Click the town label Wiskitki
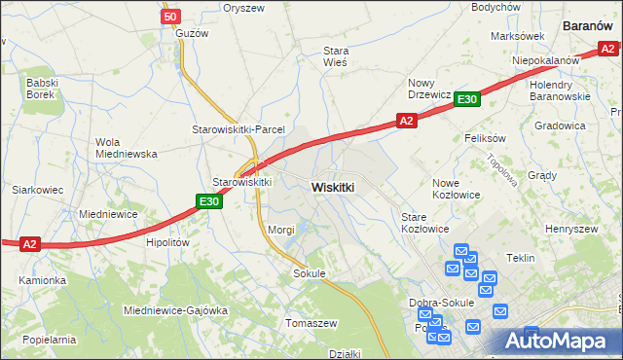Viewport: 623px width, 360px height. (332, 186)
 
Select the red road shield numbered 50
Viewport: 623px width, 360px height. (170, 17)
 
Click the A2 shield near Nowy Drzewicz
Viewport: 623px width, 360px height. (407, 121)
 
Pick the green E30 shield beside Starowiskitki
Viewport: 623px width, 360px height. (208, 201)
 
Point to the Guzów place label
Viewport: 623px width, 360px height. (193, 33)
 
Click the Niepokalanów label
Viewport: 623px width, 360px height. (546, 60)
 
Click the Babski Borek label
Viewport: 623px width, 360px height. (44, 90)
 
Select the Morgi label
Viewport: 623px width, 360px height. (281, 230)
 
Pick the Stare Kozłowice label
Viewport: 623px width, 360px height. (425, 223)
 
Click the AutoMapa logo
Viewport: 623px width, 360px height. (559, 341)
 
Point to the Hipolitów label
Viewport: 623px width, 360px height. (166, 243)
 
